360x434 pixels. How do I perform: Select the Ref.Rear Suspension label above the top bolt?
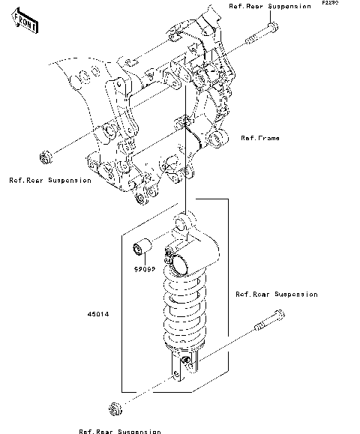269,6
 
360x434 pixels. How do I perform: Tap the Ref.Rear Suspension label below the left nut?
50,180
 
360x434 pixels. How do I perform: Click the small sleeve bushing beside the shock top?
141,247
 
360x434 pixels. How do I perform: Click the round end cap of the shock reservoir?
179,263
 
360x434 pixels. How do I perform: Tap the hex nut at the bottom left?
115,409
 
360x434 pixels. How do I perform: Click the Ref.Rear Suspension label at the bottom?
119,430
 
